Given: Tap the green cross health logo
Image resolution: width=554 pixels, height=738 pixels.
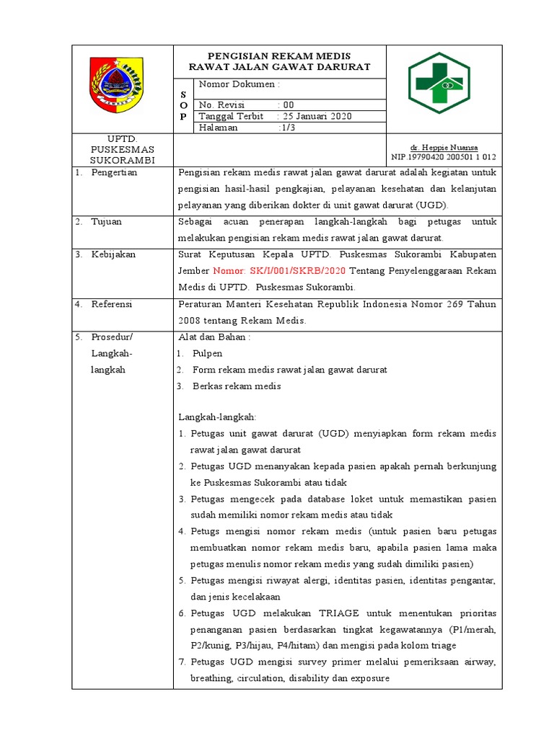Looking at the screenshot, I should coord(439,84).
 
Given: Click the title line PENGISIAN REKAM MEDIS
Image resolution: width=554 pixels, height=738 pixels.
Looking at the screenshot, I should coord(279,55).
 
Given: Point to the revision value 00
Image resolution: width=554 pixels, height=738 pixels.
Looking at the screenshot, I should coord(289,105).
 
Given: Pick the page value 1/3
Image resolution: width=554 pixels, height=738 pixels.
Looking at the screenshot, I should coord(291,128).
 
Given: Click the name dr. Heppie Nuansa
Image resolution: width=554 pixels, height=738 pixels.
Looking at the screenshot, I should coord(444,147).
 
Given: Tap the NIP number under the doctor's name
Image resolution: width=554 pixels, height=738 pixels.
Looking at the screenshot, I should coord(444,156).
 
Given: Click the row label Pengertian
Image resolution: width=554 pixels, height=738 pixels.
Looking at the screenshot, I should coord(114,173).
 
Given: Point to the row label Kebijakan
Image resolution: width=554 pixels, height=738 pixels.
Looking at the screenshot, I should coord(113,254).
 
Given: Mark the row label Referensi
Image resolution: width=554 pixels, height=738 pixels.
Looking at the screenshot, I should coord(112,304).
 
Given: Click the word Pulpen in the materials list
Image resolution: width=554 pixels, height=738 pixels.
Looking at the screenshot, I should coord(208,353).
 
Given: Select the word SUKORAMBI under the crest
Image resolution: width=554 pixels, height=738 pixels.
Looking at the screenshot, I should coord(116,159).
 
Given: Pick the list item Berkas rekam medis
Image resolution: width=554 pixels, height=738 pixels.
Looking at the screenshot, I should coord(237,386).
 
